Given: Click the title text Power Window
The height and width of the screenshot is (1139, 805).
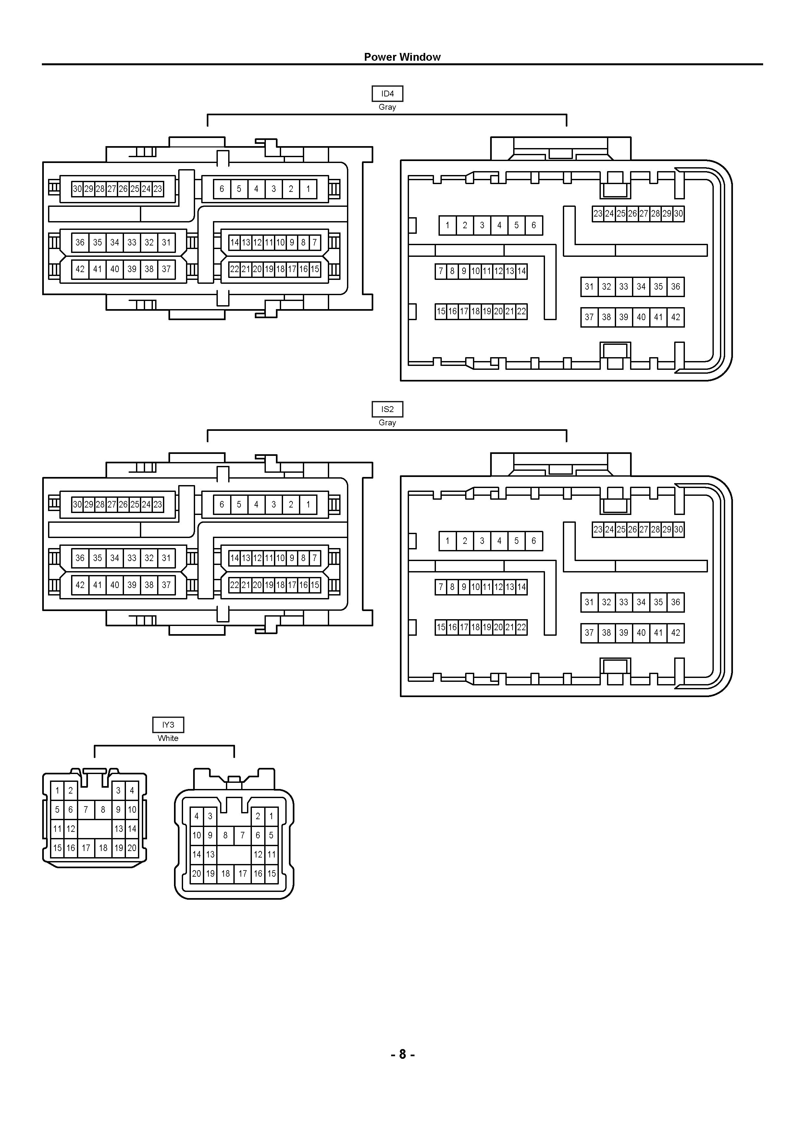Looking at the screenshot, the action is [x=402, y=57].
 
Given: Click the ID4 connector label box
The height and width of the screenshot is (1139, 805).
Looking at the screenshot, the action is [x=387, y=94].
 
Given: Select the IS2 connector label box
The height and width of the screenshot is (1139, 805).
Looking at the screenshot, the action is [x=387, y=409].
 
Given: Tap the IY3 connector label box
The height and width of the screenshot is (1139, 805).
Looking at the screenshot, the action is [x=168, y=725].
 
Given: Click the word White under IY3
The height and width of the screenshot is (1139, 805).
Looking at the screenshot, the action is [x=168, y=738].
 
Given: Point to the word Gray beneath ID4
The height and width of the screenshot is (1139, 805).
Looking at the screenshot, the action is [x=387, y=107].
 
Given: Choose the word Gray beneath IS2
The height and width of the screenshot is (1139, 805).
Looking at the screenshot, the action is [x=387, y=423].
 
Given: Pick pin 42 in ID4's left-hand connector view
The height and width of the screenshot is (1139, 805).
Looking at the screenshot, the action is [x=80, y=269].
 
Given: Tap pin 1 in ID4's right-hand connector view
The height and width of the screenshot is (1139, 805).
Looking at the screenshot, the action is [x=447, y=225].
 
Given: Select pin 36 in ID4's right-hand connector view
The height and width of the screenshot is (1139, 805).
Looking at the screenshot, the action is [x=675, y=287].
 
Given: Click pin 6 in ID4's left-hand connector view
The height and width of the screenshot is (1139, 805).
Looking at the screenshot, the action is [x=222, y=189].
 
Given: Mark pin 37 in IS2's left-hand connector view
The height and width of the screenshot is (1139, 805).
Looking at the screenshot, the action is [x=166, y=585].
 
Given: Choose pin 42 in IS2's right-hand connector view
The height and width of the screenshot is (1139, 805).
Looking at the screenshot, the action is [x=675, y=633].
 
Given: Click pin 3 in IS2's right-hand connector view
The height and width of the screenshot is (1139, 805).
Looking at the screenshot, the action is [x=482, y=541].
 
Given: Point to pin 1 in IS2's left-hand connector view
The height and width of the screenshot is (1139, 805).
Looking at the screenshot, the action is [x=308, y=505].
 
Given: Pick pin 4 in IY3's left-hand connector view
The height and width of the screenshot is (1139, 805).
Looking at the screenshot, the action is [x=132, y=791].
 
